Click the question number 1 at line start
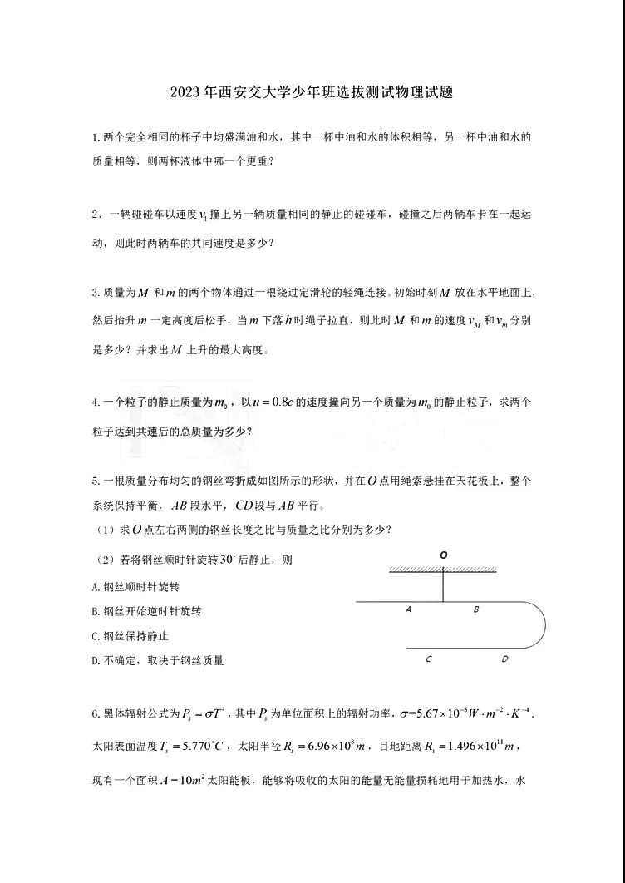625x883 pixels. pos(96,136)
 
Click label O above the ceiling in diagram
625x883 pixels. pos(444,554)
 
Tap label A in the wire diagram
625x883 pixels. pos(409,609)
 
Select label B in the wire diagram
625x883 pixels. pos(476,609)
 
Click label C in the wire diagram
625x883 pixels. pos(428,659)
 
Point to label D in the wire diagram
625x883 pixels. pos(504,659)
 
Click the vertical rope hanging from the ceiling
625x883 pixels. pos(444,585)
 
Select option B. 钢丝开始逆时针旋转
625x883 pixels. pos(146,611)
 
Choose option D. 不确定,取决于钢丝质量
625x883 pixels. pos(158,660)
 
